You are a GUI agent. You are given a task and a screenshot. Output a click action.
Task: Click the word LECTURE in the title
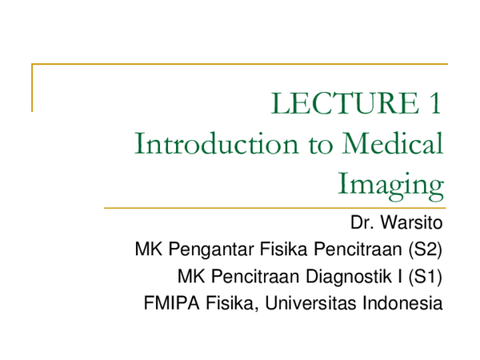[345, 103]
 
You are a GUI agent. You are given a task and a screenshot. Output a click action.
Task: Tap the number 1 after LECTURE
[435, 103]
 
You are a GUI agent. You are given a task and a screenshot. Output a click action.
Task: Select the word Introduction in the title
[216, 143]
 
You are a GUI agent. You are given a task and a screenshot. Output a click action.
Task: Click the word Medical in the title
[393, 143]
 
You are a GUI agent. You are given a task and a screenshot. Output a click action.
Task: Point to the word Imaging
[390, 186]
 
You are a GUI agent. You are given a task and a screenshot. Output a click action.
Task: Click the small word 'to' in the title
[320, 145]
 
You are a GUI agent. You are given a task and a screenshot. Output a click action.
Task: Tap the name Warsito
[411, 222]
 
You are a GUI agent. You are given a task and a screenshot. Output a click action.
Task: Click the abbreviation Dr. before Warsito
[362, 222]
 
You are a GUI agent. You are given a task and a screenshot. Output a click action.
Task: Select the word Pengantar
[211, 250]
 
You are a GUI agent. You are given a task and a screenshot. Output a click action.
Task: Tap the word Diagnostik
[349, 277]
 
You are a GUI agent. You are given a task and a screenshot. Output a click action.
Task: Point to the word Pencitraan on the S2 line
[358, 249]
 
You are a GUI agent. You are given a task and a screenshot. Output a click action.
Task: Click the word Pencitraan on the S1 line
[255, 276]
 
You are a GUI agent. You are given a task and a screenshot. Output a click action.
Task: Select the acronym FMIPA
[172, 303]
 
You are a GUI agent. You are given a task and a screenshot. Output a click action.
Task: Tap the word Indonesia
[402, 303]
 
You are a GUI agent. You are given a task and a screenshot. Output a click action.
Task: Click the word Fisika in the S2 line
[283, 249]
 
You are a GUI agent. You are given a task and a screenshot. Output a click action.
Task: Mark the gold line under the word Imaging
[275, 208]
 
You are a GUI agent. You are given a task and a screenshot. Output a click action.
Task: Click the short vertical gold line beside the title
[32, 88]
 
